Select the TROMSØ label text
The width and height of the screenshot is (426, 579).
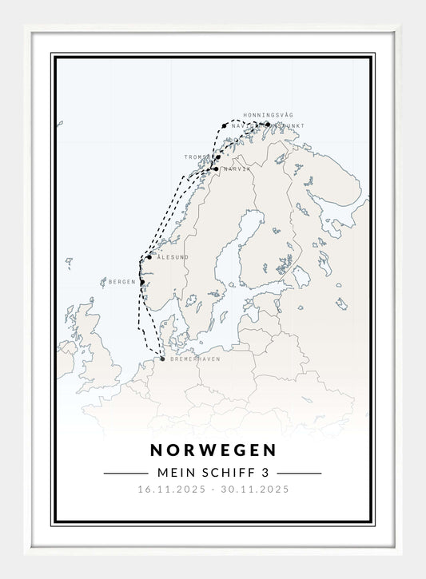(197, 157)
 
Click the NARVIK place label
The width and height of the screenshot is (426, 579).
(237, 169)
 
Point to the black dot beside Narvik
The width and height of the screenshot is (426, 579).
(216, 169)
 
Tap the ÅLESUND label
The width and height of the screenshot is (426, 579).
(173, 257)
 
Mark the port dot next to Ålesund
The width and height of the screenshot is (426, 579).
(149, 257)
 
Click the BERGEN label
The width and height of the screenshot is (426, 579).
(122, 282)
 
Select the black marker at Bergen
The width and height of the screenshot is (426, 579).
(142, 282)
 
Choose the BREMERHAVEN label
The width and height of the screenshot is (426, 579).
(194, 359)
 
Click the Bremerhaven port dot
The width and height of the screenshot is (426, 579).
(162, 359)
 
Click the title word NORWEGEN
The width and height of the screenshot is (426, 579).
(213, 450)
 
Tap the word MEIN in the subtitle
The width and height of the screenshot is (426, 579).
(170, 473)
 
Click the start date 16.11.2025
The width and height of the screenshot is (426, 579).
(172, 490)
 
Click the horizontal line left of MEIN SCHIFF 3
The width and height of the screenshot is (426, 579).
(125, 473)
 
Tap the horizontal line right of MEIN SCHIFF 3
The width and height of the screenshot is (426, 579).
(300, 473)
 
